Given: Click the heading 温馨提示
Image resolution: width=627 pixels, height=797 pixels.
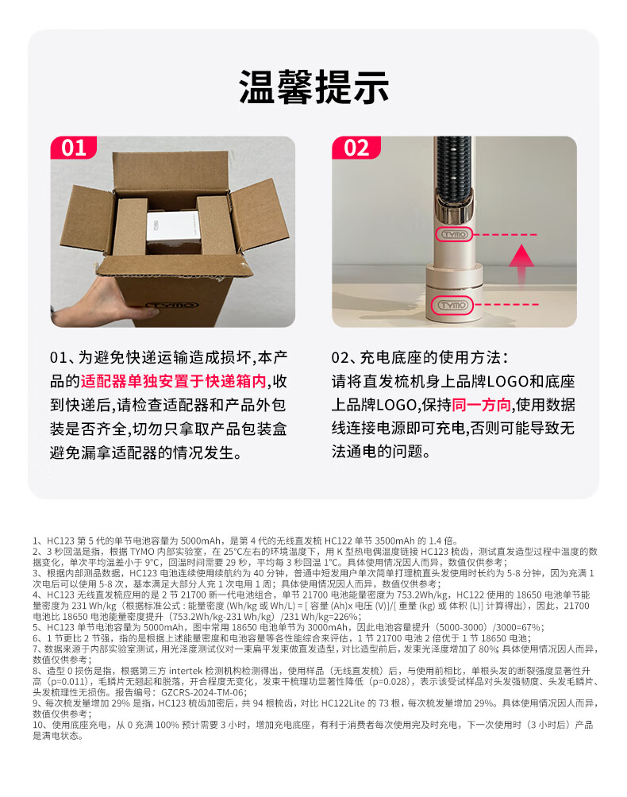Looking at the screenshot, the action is click(x=313, y=87).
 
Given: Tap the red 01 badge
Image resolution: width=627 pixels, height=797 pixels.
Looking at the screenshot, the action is click(x=73, y=148).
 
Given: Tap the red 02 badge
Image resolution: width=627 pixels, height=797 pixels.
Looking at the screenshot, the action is click(x=356, y=148).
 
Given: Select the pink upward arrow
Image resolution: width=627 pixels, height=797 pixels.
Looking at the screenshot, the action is click(x=521, y=265).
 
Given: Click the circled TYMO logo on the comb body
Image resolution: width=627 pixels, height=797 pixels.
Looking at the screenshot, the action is click(x=455, y=234).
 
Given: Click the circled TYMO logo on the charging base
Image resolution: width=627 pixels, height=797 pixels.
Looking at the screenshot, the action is click(x=452, y=305).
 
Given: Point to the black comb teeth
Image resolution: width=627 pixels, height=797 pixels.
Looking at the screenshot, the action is click(x=454, y=167).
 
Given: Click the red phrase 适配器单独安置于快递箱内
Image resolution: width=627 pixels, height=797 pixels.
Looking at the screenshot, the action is click(x=173, y=381).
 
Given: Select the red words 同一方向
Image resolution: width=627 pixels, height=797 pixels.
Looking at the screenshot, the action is click(x=481, y=405).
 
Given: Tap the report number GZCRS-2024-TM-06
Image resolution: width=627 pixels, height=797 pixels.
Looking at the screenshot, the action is click(x=203, y=692).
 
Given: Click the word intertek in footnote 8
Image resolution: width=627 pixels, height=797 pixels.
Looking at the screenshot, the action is click(x=186, y=671).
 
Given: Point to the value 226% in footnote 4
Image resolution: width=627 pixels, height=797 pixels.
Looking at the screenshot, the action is click(x=345, y=617).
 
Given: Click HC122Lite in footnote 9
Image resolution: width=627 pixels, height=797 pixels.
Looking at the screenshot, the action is click(x=344, y=703).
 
